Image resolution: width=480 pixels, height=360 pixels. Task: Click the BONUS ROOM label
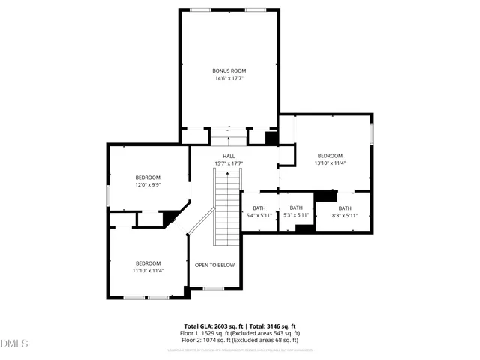pos(228,70)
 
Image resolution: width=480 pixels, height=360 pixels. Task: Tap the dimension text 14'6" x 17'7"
pos(228,77)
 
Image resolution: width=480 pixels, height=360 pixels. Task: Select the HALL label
pos(229,156)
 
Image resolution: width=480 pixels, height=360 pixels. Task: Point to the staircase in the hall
pos(226,206)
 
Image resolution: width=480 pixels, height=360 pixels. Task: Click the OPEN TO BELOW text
pos(214,265)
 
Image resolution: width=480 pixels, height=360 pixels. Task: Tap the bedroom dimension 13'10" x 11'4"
pos(329,163)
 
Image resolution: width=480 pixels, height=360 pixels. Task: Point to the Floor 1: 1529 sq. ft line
pos(242,333)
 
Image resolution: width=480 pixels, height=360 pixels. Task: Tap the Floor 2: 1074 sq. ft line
pos(242,340)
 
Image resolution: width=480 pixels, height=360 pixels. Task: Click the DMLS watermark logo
pos(14,343)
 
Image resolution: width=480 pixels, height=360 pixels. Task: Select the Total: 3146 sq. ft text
pos(274,326)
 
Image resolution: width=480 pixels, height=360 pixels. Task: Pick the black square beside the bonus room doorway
pos(272,139)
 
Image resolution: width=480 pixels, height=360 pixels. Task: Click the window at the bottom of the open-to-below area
pos(214,288)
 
